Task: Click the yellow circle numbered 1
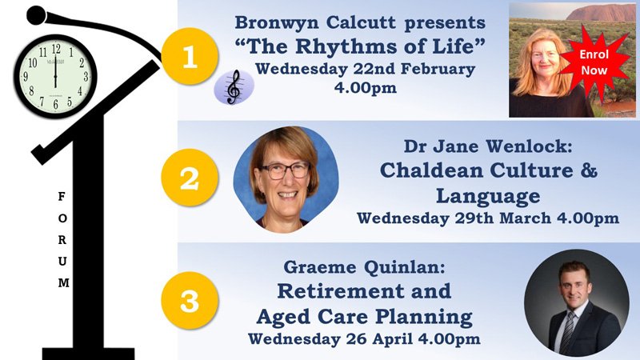tap(190, 56)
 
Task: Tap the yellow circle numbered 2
tap(190, 178)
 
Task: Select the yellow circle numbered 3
tap(190, 301)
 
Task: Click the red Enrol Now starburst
tap(594, 62)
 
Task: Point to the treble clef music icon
tap(234, 87)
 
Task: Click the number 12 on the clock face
tap(56, 50)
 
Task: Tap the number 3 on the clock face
tap(86, 76)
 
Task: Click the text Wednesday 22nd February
tap(366, 69)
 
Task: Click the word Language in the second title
tap(488, 196)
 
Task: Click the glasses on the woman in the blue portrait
tap(285, 170)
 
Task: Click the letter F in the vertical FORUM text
tap(62, 197)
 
